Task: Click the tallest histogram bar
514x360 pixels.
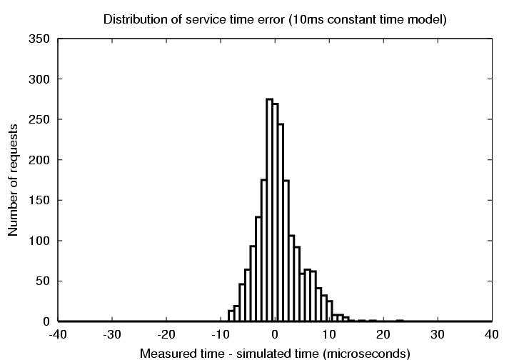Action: (x=270, y=210)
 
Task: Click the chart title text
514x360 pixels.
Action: (x=275, y=19)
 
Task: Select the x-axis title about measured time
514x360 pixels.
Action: (x=275, y=353)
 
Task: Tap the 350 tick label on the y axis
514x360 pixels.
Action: (x=39, y=39)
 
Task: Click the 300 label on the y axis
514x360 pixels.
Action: (x=39, y=79)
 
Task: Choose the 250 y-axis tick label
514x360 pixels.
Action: (x=39, y=119)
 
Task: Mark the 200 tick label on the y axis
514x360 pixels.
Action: (x=39, y=160)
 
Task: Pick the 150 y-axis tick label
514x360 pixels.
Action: (x=39, y=200)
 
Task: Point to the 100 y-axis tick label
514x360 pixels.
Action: (x=39, y=241)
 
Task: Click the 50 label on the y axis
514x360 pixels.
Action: (x=41, y=281)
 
